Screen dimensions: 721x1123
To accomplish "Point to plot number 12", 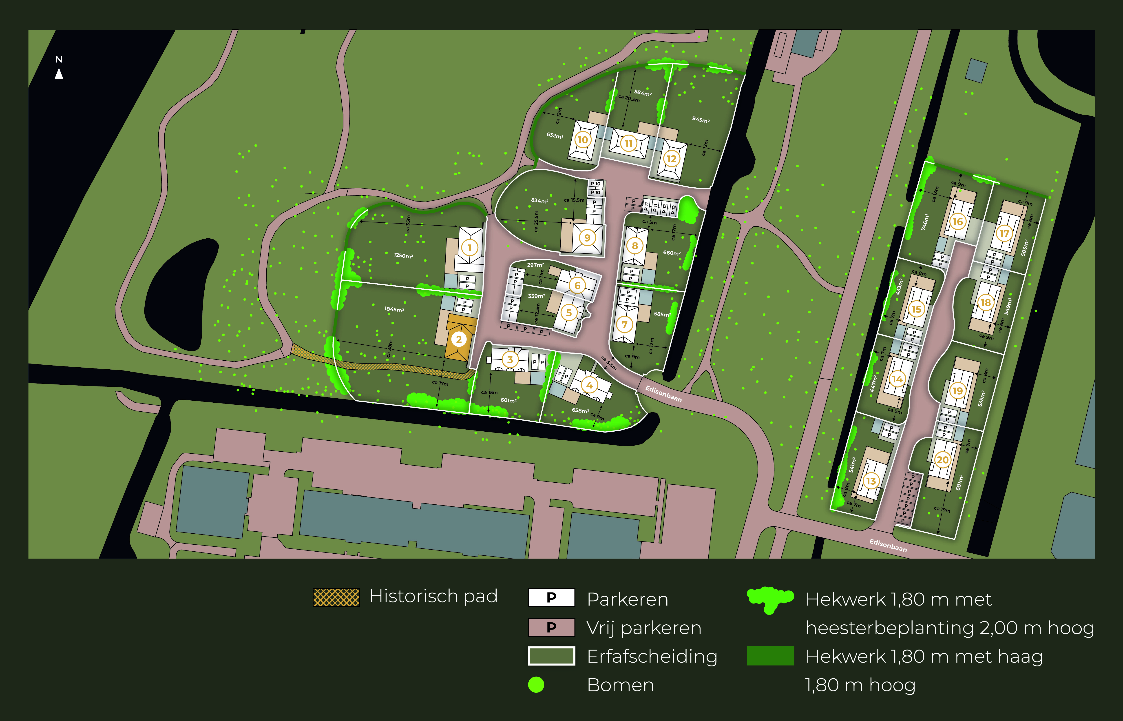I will click(x=672, y=159).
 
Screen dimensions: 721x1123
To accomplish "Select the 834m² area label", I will click(x=539, y=200).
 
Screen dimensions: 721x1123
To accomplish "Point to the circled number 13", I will click(x=871, y=481).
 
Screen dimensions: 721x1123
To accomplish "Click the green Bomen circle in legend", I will click(x=536, y=684).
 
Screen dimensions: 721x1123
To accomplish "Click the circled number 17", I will click(x=1004, y=233).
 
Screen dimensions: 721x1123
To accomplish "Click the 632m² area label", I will click(x=555, y=135).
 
